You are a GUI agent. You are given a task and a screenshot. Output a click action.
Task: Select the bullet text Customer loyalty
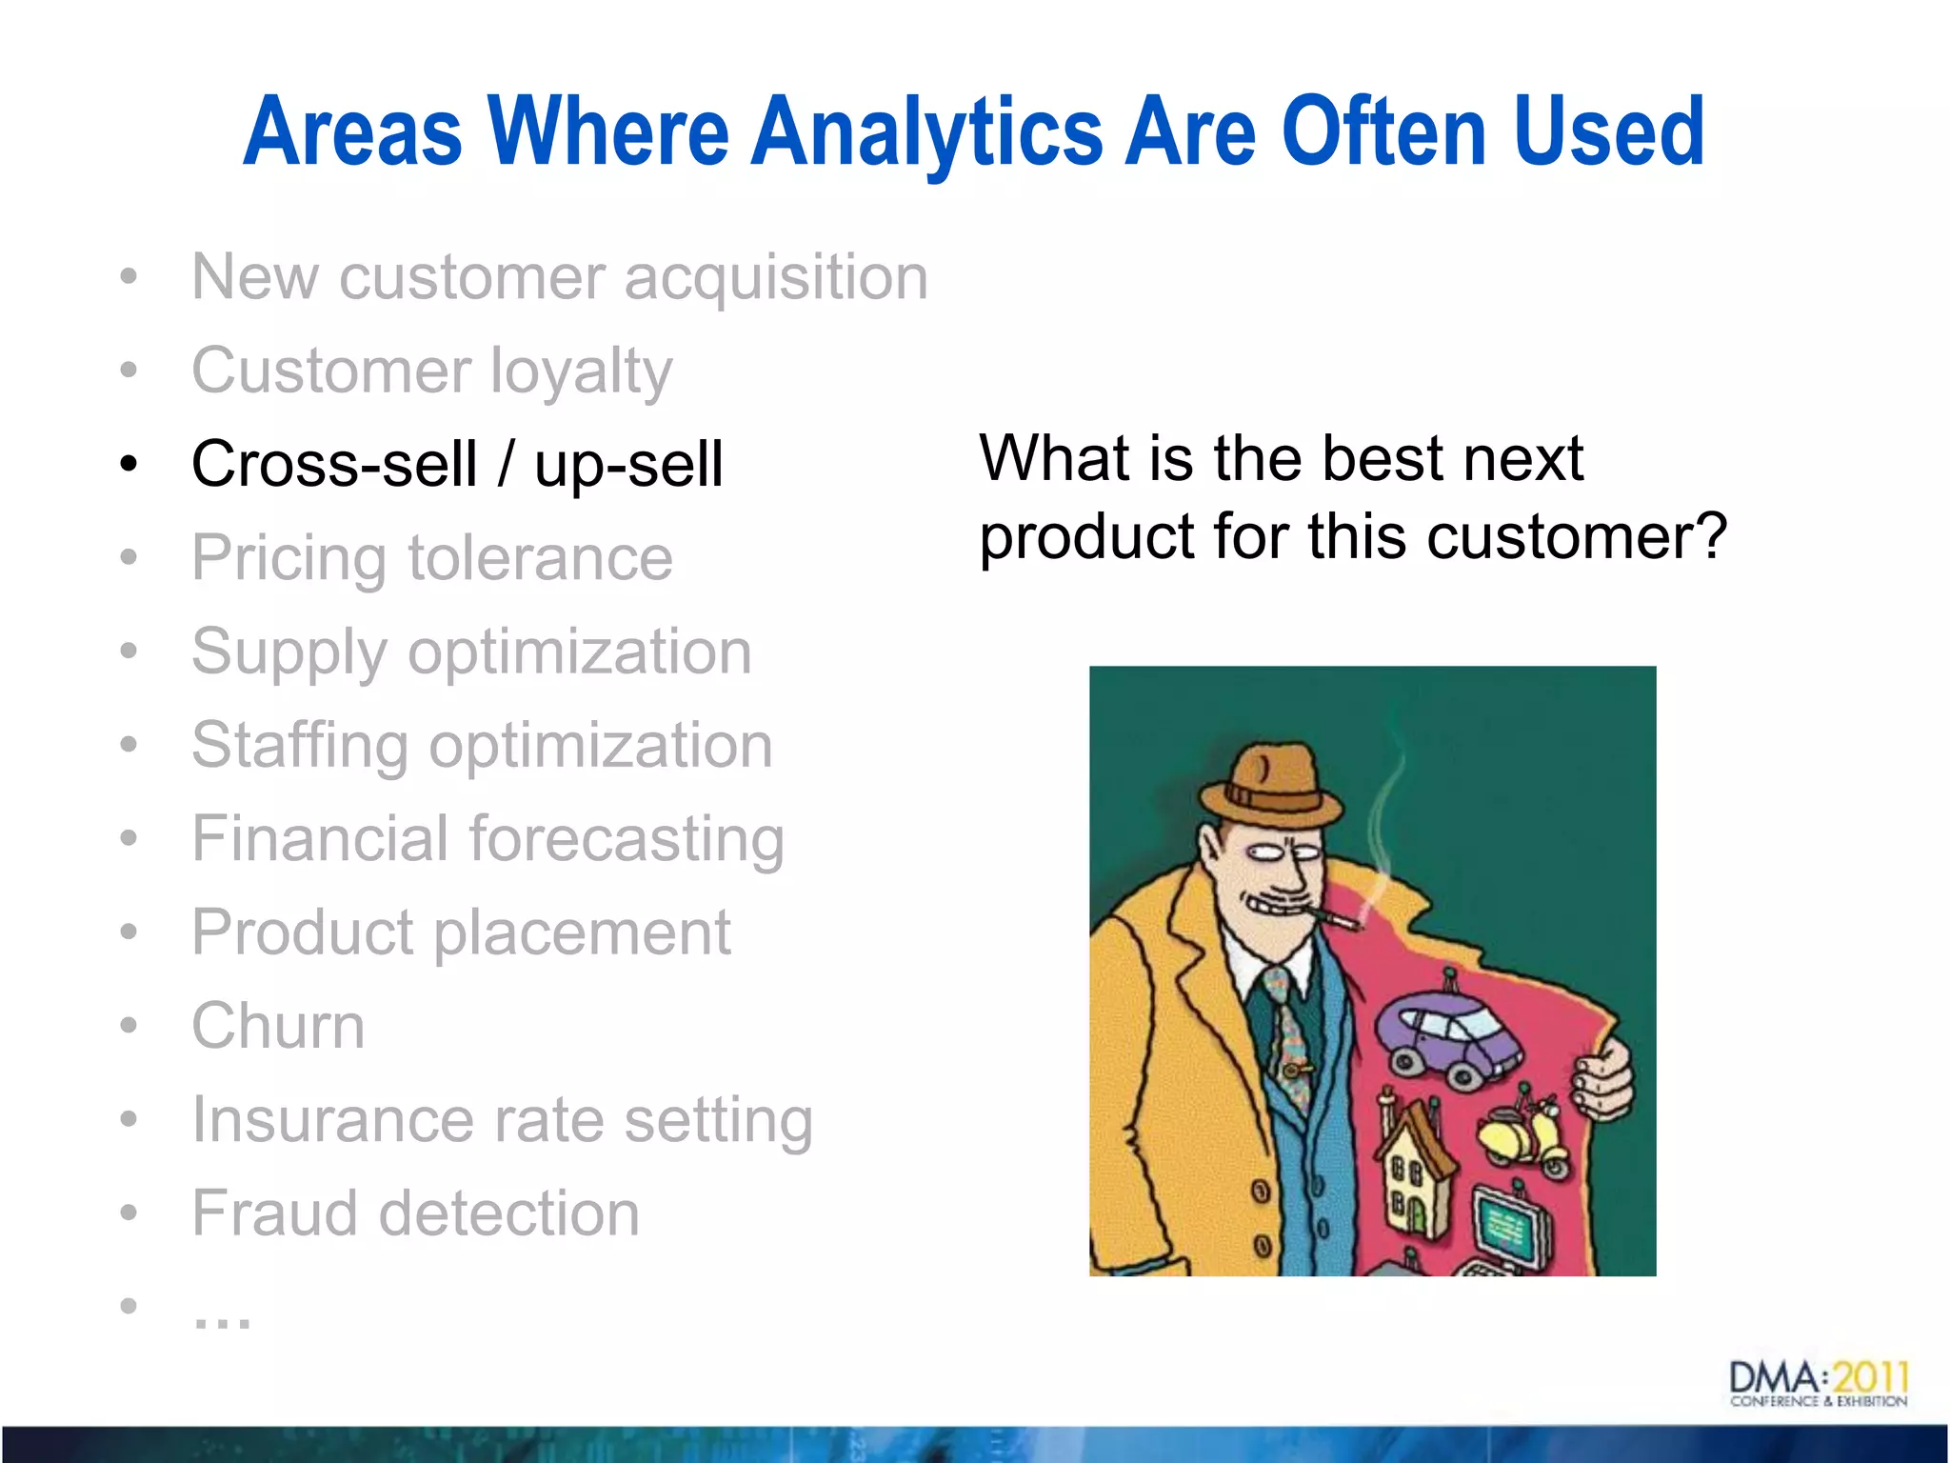pyautogui.click(x=431, y=371)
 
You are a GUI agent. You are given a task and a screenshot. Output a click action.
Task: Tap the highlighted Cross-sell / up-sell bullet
pyautogui.click(x=457, y=464)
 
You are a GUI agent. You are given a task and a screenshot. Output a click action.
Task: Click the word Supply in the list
pyautogui.click(x=289, y=653)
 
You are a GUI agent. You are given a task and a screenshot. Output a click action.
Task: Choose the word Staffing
pyautogui.click(x=299, y=746)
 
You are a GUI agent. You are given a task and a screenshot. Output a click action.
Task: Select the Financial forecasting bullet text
pyautogui.click(x=487, y=839)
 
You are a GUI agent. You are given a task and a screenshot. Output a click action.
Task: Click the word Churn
pyautogui.click(x=278, y=1026)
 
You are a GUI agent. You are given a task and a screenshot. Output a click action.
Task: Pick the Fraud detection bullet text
pyautogui.click(x=415, y=1212)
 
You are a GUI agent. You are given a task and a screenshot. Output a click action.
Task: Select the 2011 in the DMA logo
pyautogui.click(x=1870, y=1376)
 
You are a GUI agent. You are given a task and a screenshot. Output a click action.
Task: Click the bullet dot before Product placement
pyautogui.click(x=129, y=931)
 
